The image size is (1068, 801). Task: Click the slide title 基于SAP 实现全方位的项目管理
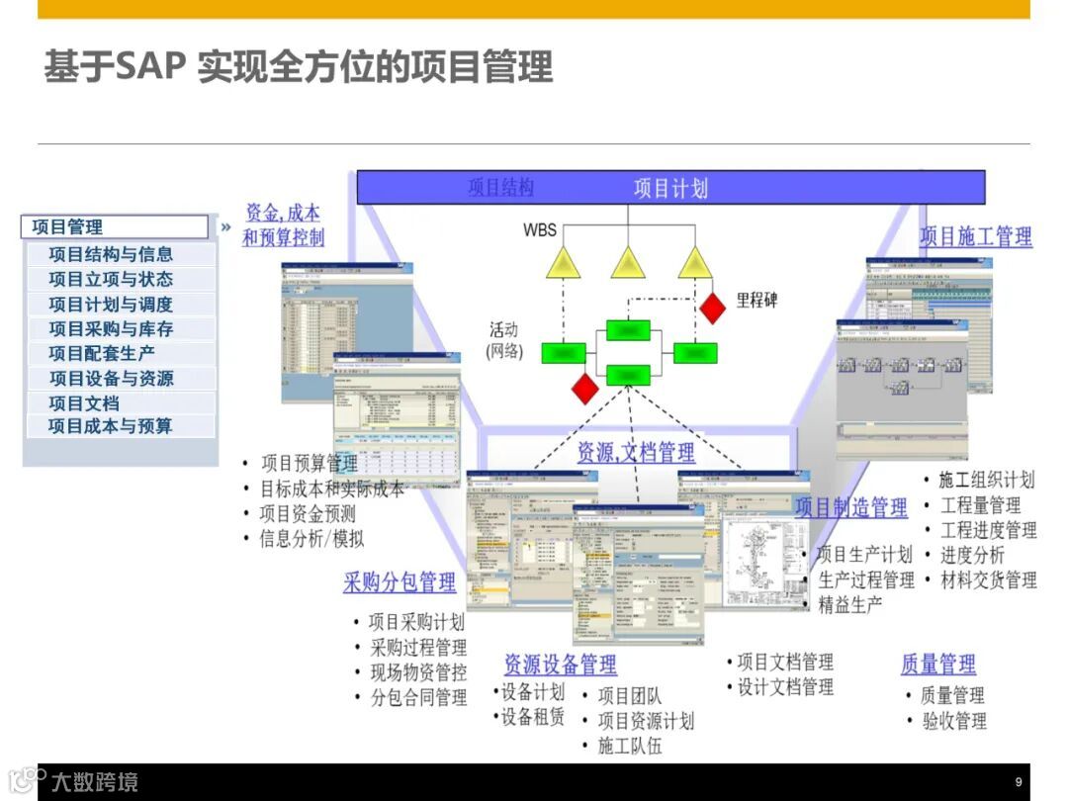(x=298, y=67)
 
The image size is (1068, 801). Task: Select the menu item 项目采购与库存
(x=111, y=328)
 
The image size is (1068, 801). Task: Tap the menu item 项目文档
(x=84, y=402)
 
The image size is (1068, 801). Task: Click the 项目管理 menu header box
(x=114, y=226)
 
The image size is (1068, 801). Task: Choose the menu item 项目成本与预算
(x=111, y=426)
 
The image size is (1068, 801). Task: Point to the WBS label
(x=540, y=230)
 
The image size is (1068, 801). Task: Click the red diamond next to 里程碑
(x=712, y=307)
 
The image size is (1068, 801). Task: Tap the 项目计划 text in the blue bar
(x=670, y=188)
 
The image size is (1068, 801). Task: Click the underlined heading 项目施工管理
(x=976, y=236)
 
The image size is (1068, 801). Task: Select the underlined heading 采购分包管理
(x=400, y=582)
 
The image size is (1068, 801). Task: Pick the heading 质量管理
(x=937, y=664)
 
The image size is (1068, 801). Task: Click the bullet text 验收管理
(x=954, y=721)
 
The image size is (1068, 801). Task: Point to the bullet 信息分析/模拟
(x=311, y=539)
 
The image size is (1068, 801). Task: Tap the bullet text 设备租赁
(x=533, y=717)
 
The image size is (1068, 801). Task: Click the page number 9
(x=1019, y=782)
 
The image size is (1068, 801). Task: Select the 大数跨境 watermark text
(x=95, y=782)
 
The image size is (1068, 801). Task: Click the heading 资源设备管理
(x=560, y=664)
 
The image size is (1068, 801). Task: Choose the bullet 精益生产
(x=850, y=604)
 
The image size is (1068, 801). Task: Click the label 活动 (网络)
(x=503, y=340)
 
